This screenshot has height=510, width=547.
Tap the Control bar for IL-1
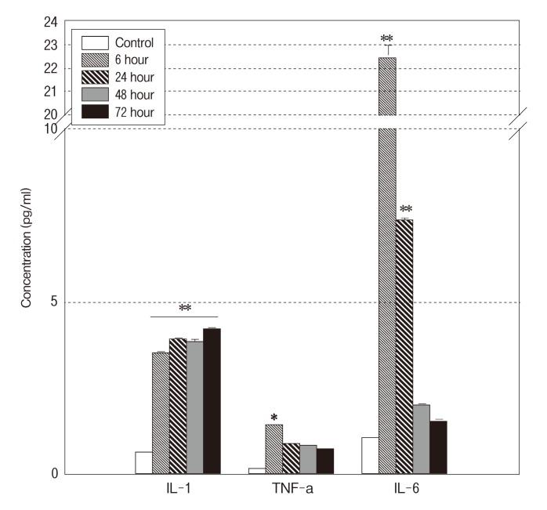pos(143,462)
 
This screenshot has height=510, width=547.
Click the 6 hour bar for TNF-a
pos(273,449)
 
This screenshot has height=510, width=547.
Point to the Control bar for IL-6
pos(370,455)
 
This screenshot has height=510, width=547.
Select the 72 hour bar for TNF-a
pos(325,461)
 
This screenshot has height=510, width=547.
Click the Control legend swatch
pos(94,42)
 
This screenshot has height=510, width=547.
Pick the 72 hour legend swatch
pos(94,112)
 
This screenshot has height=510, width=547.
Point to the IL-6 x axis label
pos(404,490)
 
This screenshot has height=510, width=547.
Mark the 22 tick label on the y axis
pos(50,68)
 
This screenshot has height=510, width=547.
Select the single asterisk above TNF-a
pos(274,417)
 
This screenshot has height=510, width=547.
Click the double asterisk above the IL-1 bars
pos(185,309)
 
